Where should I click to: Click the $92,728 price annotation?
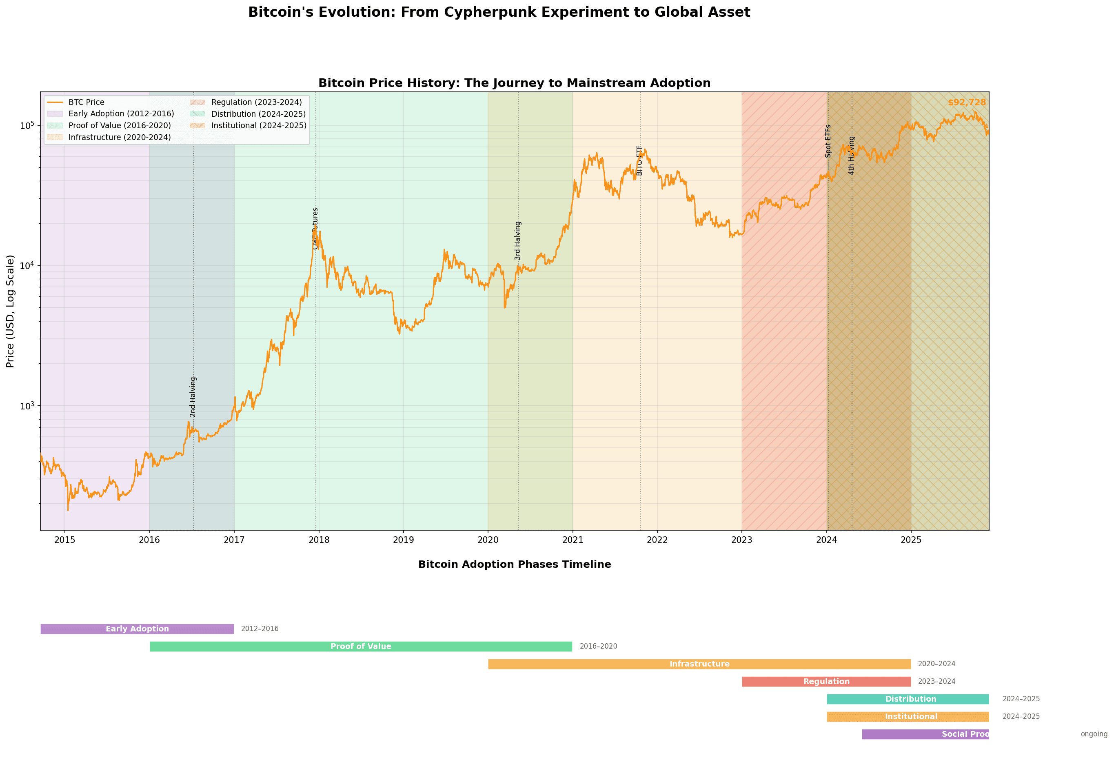pyautogui.click(x=966, y=102)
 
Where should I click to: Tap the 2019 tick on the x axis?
pyautogui.click(x=403, y=540)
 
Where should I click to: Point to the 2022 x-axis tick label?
pyautogui.click(x=657, y=540)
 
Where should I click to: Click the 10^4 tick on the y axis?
pyautogui.click(x=27, y=265)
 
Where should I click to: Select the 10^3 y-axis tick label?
pyautogui.click(x=27, y=406)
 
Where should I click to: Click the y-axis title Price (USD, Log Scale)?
pyautogui.click(x=10, y=311)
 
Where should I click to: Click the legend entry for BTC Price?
pyautogui.click(x=86, y=102)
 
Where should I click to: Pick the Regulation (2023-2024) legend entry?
pyautogui.click(x=256, y=102)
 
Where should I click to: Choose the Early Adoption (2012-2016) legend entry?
pyautogui.click(x=121, y=113)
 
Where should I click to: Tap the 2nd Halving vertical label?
pyautogui.click(x=193, y=397)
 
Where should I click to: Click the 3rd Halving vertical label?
pyautogui.click(x=518, y=241)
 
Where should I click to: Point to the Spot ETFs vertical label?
pyautogui.click(x=828, y=141)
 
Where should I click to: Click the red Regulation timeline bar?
pyautogui.click(x=826, y=681)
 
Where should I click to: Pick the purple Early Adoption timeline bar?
pyautogui.click(x=137, y=629)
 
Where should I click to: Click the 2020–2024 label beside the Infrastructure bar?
pyautogui.click(x=936, y=664)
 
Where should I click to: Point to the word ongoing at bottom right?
pyautogui.click(x=1093, y=734)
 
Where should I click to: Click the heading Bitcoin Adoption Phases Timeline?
pyautogui.click(x=514, y=564)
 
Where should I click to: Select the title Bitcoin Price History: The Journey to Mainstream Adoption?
pyautogui.click(x=514, y=83)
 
